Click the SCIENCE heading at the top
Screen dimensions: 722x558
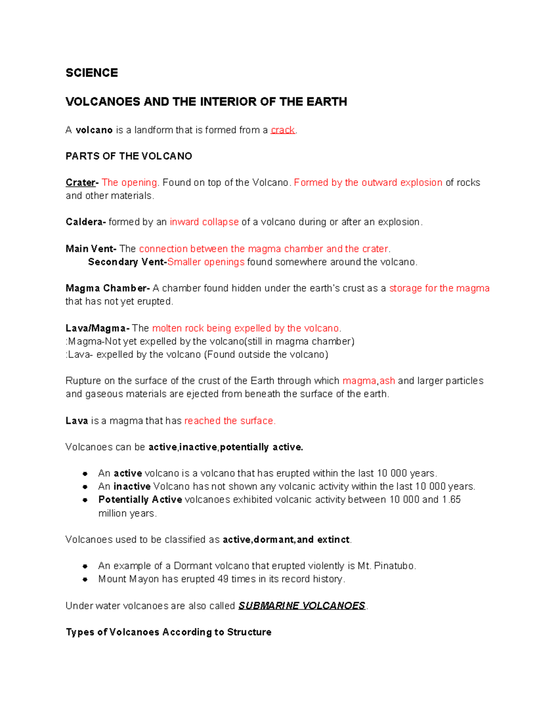[92, 73]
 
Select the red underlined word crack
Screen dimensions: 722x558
[283, 130]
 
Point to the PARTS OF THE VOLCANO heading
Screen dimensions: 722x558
[129, 156]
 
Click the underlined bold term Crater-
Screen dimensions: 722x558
[82, 183]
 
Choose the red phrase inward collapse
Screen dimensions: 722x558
[204, 222]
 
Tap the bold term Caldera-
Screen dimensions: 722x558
[86, 222]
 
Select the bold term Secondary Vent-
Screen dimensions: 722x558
[127, 262]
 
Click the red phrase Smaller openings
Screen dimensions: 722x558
[206, 262]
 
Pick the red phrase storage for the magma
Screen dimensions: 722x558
[439, 288]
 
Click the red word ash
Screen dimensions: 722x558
[387, 381]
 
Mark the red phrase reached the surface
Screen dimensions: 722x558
[230, 421]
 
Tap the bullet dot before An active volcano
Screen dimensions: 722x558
[85, 474]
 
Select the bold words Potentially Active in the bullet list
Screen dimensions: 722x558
[140, 500]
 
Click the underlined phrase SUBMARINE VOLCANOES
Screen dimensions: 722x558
[302, 606]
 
